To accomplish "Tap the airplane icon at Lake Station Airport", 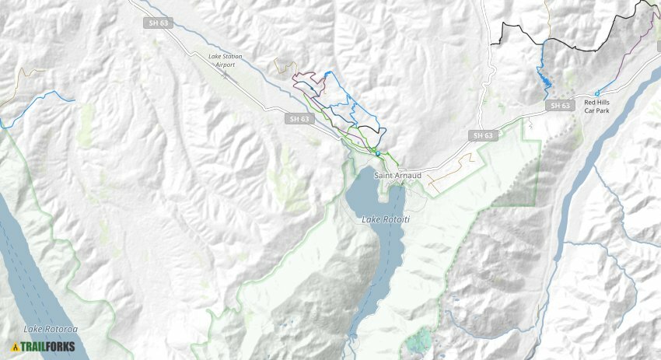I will [225, 75].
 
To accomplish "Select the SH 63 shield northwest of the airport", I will [156, 23].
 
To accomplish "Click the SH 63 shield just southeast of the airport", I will [299, 119].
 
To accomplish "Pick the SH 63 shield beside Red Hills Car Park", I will [560, 105].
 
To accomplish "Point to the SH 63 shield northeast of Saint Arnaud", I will [483, 135].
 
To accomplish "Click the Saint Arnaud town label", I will [397, 176].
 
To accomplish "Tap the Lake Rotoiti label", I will [385, 220].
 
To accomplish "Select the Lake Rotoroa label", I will [51, 329].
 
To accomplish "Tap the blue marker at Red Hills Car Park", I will [597, 93].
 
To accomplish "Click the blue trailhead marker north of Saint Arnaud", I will [377, 153].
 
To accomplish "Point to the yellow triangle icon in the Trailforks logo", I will [15, 347].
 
